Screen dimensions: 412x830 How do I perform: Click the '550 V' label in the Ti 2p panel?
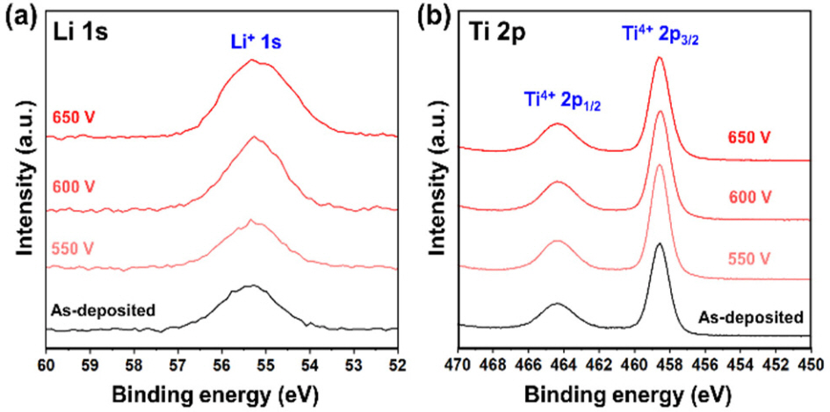pos(747,257)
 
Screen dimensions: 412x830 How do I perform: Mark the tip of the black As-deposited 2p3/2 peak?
pos(660,243)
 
